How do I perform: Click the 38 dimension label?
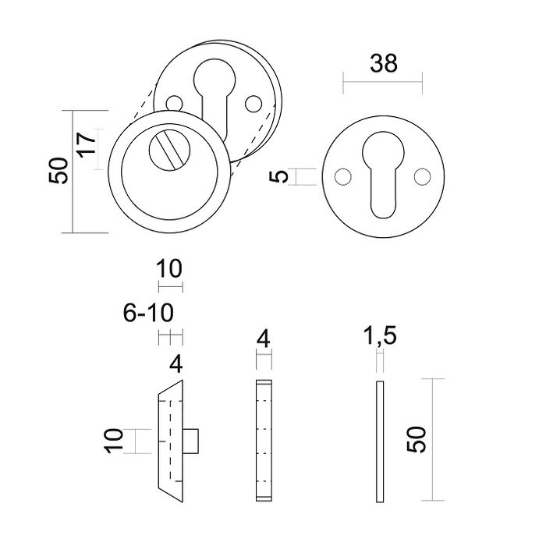pyautogui.click(x=382, y=63)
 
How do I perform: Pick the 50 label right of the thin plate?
pyautogui.click(x=418, y=440)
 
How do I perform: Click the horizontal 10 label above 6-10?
pyautogui.click(x=168, y=270)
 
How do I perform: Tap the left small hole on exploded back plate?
pyautogui.click(x=173, y=101)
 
